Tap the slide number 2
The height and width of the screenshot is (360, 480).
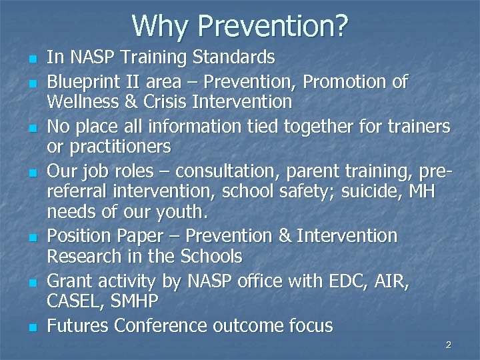448,345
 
